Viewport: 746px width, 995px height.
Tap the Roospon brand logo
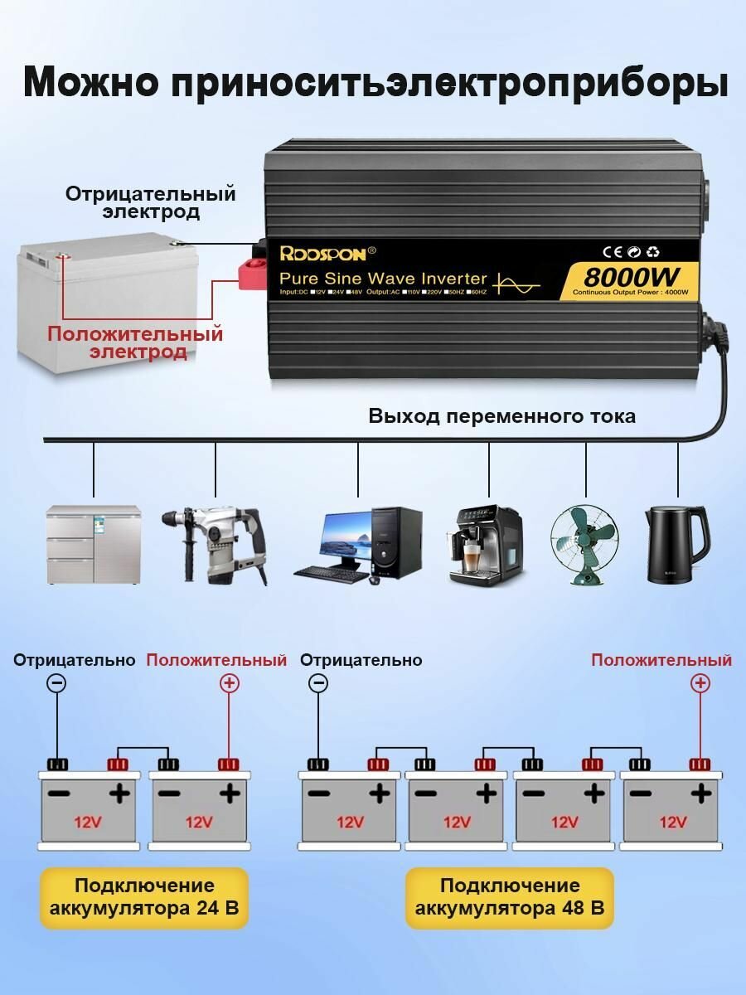[323, 253]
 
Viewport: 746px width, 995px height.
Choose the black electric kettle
[676, 543]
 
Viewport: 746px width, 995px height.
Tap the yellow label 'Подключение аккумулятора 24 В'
[144, 897]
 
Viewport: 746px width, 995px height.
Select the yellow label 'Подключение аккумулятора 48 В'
[510, 897]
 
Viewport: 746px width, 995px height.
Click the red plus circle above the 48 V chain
[700, 683]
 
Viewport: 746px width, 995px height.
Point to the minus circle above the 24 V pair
[56, 683]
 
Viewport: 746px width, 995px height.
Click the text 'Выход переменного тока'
[501, 416]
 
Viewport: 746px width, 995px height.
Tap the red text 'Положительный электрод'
[135, 343]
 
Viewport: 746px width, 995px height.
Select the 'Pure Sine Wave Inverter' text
[383, 278]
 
